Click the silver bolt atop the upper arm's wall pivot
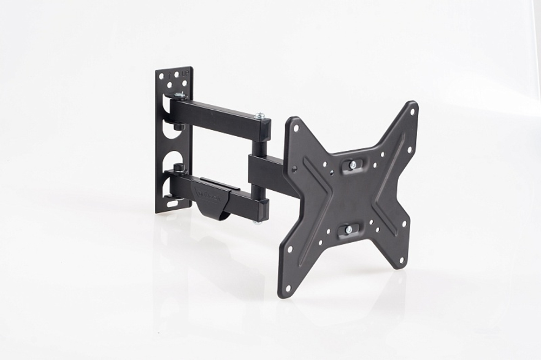coord(179,96)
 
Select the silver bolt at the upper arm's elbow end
coord(260,116)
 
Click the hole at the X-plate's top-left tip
coord(295,128)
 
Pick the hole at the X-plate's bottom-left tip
coord(287,287)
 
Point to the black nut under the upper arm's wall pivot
coord(178,126)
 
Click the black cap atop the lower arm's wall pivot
coord(178,168)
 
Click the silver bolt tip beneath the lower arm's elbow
coord(257,221)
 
